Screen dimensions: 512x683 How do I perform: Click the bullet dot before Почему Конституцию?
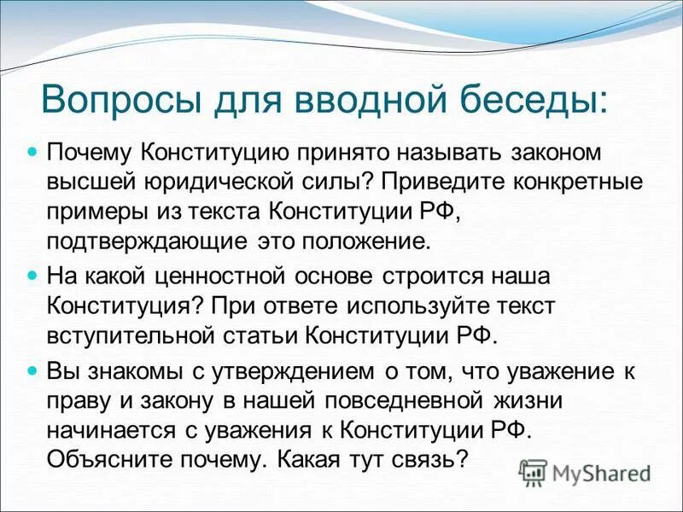coord(34,151)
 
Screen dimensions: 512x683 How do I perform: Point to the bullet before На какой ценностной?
coord(34,276)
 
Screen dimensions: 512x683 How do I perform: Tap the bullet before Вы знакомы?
coord(34,370)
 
